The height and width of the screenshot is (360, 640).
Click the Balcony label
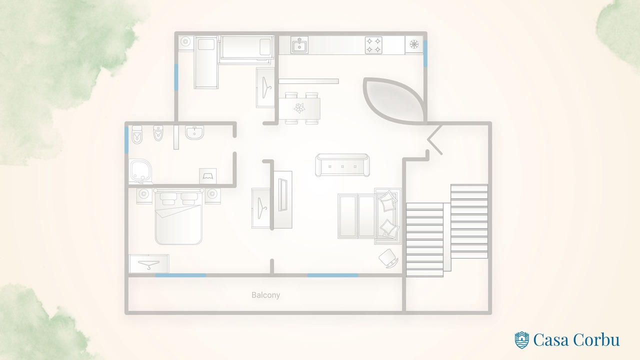pyautogui.click(x=265, y=295)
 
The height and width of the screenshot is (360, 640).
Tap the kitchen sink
pyautogui.click(x=299, y=45)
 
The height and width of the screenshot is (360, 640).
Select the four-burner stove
pyautogui.click(x=373, y=45)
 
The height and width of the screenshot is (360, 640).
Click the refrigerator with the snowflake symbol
pyautogui.click(x=414, y=44)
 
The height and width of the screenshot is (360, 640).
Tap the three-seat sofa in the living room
pyautogui.click(x=342, y=165)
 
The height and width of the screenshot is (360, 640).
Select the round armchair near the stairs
pyautogui.click(x=388, y=258)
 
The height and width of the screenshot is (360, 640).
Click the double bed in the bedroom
pyautogui.click(x=178, y=216)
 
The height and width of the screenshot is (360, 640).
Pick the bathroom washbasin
pyautogui.click(x=194, y=132)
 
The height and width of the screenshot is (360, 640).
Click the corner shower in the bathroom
pyautogui.click(x=141, y=171)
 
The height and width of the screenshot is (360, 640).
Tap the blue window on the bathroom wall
pyautogui.click(x=126, y=140)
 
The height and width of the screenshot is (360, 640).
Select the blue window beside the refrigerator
pyautogui.click(x=425, y=53)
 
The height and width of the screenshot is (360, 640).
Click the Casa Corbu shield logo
pyautogui.click(x=521, y=339)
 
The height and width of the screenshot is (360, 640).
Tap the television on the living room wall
pyautogui.click(x=283, y=195)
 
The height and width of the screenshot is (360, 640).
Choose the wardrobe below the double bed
pyautogui.click(x=148, y=263)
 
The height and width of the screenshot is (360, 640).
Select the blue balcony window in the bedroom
pyautogui.click(x=180, y=275)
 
